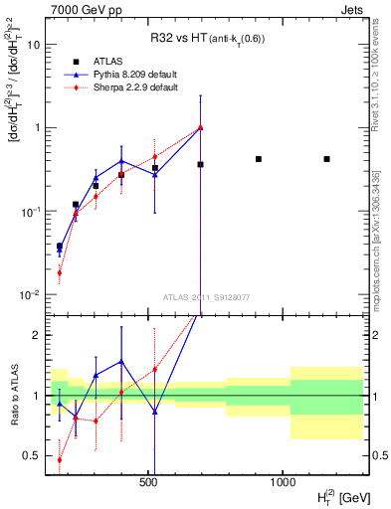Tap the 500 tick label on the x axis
point(149,481)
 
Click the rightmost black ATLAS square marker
point(326,159)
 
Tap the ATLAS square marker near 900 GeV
point(259,159)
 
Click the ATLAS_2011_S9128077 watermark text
point(205,297)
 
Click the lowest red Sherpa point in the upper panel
point(60,272)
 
